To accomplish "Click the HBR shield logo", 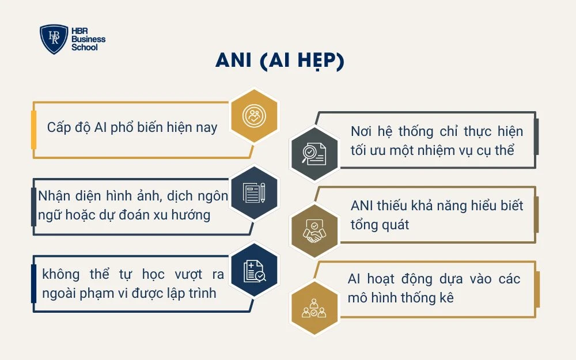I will click(54, 39).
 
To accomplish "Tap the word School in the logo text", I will click(85, 48).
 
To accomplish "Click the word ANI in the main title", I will click(234, 62).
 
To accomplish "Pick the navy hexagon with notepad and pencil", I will click(254, 192).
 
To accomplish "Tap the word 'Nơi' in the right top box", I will click(361, 131).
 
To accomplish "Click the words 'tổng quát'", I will click(380, 225).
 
